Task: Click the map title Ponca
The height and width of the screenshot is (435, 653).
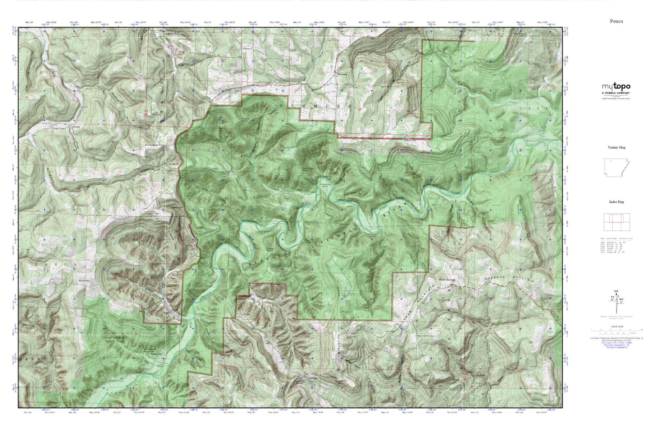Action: pyautogui.click(x=616, y=21)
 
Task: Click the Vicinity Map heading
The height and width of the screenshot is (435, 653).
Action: pyautogui.click(x=616, y=147)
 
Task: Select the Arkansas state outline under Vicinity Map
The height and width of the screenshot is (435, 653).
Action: pyautogui.click(x=617, y=167)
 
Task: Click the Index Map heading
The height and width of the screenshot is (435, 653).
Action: pyautogui.click(x=616, y=202)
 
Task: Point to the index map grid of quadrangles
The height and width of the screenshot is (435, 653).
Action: pyautogui.click(x=616, y=222)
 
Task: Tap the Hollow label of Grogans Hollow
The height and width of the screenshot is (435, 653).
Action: pyautogui.click(x=83, y=187)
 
